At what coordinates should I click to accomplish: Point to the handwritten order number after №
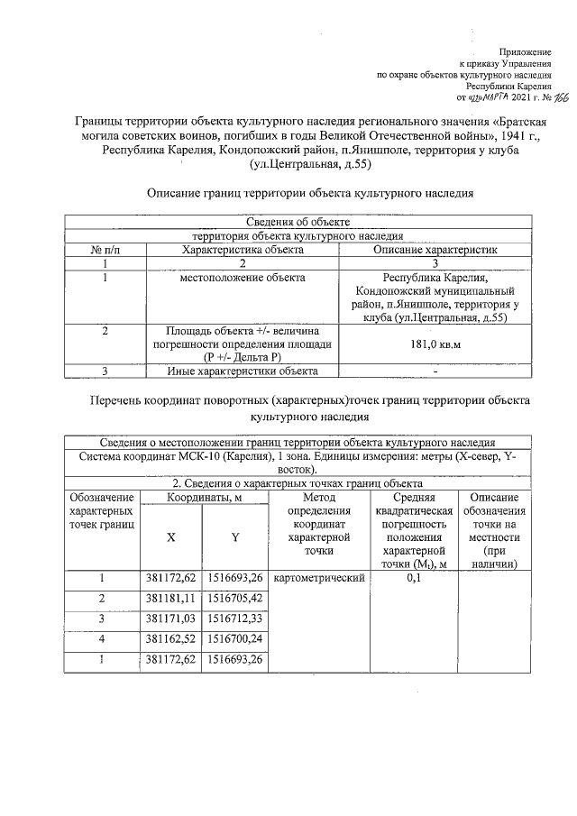tap(549, 96)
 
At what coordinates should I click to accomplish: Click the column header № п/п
tap(105, 249)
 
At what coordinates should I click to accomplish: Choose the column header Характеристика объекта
tap(243, 249)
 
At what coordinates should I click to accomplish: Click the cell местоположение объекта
tap(243, 278)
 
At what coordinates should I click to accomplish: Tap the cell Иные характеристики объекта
tap(243, 371)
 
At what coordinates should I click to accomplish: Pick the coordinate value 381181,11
tap(171, 599)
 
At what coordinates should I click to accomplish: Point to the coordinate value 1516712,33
tap(234, 619)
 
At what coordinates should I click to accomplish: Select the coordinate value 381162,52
tap(171, 640)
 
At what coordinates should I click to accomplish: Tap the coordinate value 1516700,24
tap(234, 640)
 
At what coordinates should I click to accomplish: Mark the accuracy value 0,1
tap(414, 578)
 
